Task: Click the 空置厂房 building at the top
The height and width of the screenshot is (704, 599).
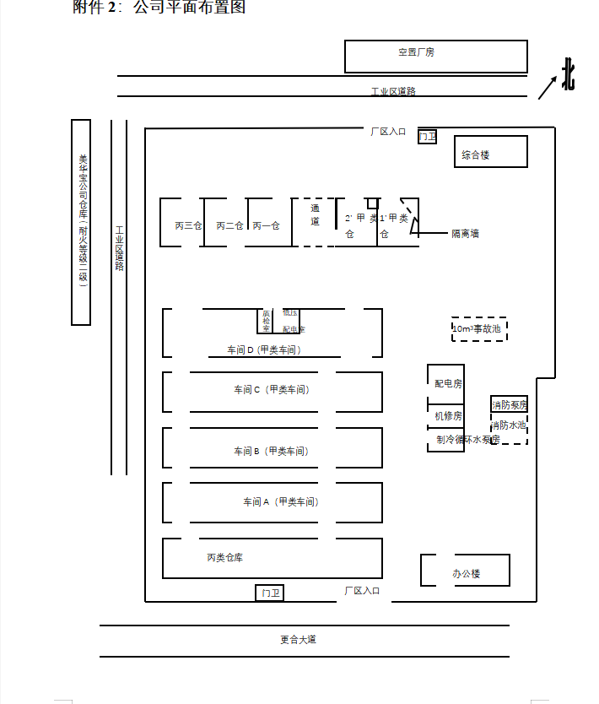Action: [x=435, y=56]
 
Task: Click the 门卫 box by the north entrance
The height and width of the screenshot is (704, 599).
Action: [x=428, y=136]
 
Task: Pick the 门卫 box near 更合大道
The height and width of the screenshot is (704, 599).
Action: [x=269, y=593]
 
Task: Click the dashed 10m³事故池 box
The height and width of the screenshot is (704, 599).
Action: [x=479, y=328]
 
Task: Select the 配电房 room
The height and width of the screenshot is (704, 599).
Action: [x=446, y=384]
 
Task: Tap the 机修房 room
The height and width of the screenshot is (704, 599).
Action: [x=446, y=415]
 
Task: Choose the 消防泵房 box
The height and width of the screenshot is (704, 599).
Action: [x=509, y=404]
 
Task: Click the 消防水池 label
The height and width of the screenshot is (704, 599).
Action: [x=509, y=425]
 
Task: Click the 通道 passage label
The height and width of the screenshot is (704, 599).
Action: [x=315, y=214]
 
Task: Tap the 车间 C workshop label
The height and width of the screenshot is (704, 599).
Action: [x=271, y=390]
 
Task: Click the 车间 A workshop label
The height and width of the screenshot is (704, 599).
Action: [x=280, y=502]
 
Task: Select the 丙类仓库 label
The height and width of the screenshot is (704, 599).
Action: [x=225, y=558]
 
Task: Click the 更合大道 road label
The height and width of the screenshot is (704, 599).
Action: [x=299, y=640]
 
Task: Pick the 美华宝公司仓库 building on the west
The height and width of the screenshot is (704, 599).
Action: [x=81, y=222]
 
